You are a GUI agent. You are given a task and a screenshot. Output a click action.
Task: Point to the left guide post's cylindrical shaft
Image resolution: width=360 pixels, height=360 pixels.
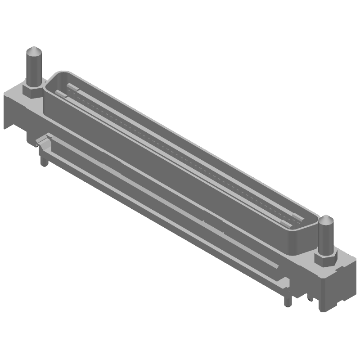(34, 70)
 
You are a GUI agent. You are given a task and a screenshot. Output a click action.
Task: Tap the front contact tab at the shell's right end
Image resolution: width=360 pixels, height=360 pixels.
(284, 223)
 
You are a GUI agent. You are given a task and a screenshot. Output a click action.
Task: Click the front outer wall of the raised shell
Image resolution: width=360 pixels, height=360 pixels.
(171, 175)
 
